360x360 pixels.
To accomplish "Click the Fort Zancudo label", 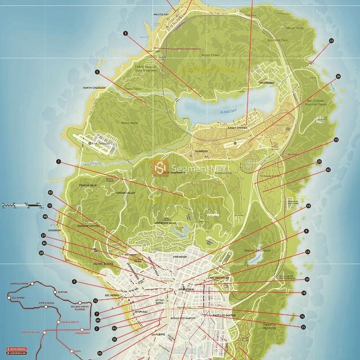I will [x=103, y=145].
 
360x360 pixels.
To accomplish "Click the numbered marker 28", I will [x=41, y=254].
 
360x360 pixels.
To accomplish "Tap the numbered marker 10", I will [x=308, y=206].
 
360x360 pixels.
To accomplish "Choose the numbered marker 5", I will [x=97, y=72].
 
